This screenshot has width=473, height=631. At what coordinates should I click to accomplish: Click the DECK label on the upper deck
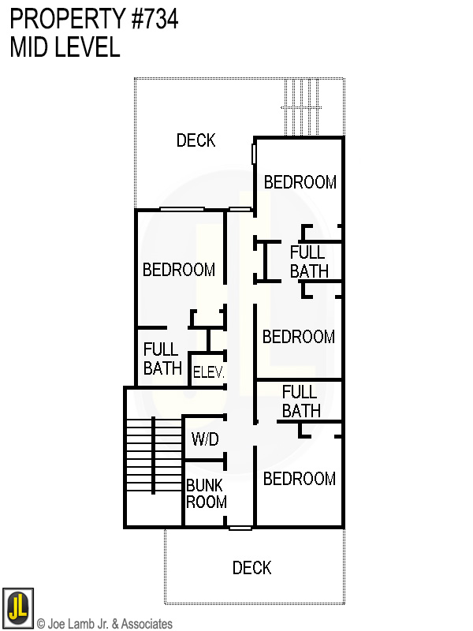coord(196,140)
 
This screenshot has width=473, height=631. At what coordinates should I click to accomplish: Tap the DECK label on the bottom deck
coord(251,568)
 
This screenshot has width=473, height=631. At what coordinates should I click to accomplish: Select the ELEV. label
coord(209,372)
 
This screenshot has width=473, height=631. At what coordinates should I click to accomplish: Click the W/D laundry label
coord(205,438)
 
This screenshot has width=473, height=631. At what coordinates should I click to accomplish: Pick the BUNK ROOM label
coord(206,494)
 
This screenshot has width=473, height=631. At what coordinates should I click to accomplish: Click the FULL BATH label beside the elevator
coord(162,359)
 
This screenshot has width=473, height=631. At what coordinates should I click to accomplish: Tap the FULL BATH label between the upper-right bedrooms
coord(307,262)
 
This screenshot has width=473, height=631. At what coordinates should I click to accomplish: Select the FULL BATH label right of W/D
coord(300,401)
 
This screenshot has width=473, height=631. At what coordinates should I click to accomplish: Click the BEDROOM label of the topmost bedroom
coord(300,182)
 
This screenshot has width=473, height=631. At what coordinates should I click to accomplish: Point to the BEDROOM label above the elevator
coord(179,270)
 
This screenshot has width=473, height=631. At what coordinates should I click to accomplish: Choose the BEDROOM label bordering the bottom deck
coord(299,479)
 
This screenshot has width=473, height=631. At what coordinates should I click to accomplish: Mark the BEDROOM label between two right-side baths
coord(298,337)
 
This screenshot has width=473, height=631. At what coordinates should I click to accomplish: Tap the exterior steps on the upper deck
coord(302,106)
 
